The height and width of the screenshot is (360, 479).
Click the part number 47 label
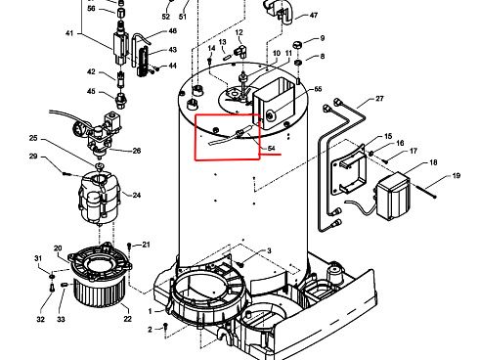pos(314,15)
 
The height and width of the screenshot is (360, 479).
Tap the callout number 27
pos(379,98)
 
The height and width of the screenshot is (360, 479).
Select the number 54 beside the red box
pos(271,149)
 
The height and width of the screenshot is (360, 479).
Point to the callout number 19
pos(457,176)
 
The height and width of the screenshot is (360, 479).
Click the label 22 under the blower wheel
pos(127,319)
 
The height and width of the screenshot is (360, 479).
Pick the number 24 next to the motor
pos(137,195)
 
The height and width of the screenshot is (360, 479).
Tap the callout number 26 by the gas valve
pos(137,151)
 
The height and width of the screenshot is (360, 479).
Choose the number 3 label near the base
pos(269,250)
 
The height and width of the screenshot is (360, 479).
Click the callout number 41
pos(69,33)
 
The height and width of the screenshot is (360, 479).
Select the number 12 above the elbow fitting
pos(239,32)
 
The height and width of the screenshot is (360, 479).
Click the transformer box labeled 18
pos(393,196)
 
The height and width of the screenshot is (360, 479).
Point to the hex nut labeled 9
pos(298,44)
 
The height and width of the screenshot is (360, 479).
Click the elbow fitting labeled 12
pos(240,51)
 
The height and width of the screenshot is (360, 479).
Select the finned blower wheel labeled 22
pos(100,292)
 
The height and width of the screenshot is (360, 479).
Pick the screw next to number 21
pos(129,246)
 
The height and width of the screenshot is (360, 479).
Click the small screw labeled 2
pos(165,327)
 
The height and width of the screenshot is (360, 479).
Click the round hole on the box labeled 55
pos(270,115)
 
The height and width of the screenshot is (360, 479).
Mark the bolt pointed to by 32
pos(52,288)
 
